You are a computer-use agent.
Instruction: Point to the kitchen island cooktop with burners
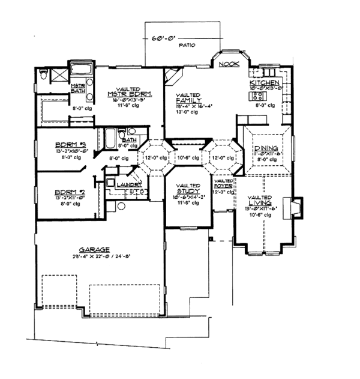tap(259, 96)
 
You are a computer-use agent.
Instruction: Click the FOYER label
tap(224, 186)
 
